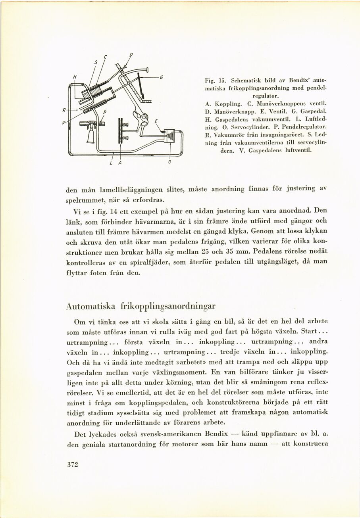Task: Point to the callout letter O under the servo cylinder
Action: (170, 163)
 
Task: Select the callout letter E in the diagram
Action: (156, 122)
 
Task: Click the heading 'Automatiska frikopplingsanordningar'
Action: (141, 306)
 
